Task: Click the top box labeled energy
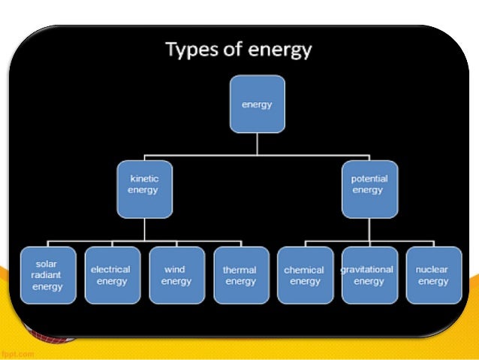257,104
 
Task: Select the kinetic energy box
144,184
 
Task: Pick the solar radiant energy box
48,275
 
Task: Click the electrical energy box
112,275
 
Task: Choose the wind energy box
176,275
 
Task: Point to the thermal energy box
239,275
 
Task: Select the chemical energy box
304,275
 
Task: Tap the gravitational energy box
368,275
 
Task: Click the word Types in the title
191,50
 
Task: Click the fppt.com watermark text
17,352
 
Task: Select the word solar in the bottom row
47,265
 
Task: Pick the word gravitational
368,269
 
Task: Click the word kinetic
144,178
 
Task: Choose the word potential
368,178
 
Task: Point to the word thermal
239,270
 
